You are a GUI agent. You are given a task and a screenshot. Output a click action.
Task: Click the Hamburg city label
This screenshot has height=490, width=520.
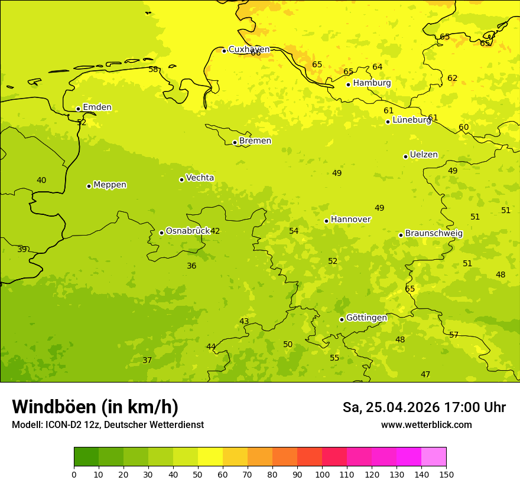tap(372, 83)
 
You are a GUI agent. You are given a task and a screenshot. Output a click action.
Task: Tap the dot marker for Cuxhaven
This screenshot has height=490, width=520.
tap(224, 51)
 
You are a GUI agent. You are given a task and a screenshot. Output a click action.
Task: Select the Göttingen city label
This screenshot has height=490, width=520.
tap(366, 318)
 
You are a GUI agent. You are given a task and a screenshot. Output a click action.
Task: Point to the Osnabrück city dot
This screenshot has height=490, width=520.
tap(161, 233)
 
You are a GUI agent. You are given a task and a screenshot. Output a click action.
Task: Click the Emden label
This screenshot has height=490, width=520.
tap(97, 107)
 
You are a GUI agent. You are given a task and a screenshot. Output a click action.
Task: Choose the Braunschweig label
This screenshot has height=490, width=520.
tap(434, 234)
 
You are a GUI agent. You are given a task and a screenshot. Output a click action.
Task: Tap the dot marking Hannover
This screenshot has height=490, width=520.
tap(326, 221)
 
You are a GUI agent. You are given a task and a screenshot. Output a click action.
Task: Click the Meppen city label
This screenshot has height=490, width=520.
tap(110, 185)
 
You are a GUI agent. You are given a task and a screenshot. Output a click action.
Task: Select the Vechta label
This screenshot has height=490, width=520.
tap(200, 178)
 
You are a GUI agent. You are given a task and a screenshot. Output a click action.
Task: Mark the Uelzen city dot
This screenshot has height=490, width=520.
tap(405, 156)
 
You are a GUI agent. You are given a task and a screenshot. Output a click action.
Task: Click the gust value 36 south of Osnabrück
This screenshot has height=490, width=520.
tap(191, 266)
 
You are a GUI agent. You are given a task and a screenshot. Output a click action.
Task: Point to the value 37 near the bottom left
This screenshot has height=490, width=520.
tap(147, 361)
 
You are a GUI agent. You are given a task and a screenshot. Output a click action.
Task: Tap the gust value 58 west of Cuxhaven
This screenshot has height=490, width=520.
tap(153, 70)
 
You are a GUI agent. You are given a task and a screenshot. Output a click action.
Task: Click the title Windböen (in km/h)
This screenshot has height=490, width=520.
tap(95, 407)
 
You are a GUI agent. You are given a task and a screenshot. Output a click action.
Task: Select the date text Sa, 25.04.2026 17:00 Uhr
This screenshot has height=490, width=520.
tap(424, 407)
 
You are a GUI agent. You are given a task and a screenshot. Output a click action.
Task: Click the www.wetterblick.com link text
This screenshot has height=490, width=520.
tap(426, 425)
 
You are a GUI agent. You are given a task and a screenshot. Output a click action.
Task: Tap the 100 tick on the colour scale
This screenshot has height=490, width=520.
tap(322, 474)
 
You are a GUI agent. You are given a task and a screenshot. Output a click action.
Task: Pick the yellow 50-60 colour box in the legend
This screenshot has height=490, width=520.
tap(210, 457)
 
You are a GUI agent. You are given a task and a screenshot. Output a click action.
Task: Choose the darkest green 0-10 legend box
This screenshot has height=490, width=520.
tap(86, 457)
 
